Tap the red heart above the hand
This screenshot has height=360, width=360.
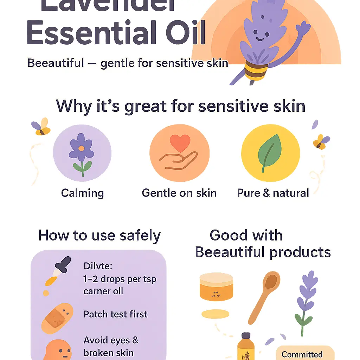(x=180, y=143)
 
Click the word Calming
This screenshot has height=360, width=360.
(x=82, y=193)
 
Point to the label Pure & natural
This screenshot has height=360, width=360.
(x=273, y=193)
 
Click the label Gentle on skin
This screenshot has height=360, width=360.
(x=179, y=193)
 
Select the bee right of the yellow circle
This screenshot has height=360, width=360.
(x=321, y=141)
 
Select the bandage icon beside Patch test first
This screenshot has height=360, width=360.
(x=57, y=319)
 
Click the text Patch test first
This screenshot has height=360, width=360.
(x=115, y=314)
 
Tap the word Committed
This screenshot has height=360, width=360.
(x=302, y=354)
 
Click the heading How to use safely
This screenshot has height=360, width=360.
(x=99, y=236)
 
